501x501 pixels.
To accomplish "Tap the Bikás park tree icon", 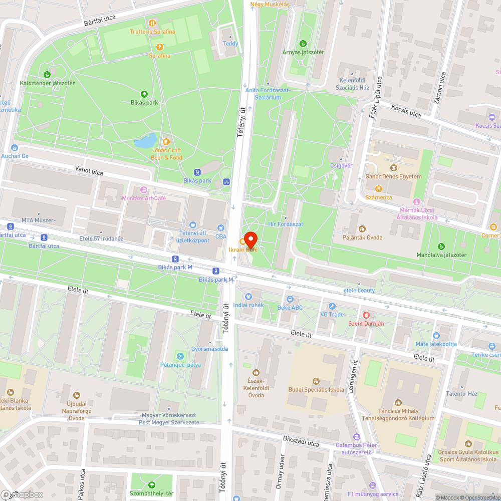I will [x=144, y=94].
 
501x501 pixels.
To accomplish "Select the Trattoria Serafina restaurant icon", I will [x=152, y=23].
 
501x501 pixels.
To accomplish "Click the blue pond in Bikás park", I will [x=146, y=142].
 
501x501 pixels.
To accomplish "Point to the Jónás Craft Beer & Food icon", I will [x=166, y=141].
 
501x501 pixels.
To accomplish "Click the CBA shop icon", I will [x=221, y=227].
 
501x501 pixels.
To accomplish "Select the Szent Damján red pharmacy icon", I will [x=366, y=315].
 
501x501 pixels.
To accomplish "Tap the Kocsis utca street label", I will [x=406, y=112].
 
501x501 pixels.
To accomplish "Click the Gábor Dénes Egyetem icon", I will [x=393, y=168].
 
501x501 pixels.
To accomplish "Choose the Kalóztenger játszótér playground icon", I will [x=47, y=74].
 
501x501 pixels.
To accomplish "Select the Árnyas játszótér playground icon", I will [x=303, y=44].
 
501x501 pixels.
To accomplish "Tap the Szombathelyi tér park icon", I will [x=152, y=484].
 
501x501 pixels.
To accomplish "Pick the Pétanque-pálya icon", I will [x=180, y=356].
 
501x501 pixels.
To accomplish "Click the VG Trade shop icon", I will [x=332, y=306].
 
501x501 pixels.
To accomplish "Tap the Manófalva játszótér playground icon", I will [x=441, y=246].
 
